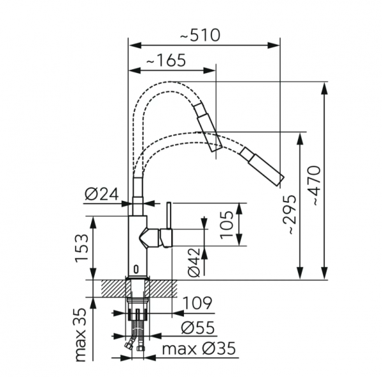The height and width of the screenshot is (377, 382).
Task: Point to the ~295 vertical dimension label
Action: tap(290, 214)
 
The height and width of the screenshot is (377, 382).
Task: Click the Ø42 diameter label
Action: tap(195, 261)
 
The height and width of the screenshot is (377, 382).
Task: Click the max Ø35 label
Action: tap(198, 349)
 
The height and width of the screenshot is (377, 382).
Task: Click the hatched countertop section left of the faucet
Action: tap(108, 288)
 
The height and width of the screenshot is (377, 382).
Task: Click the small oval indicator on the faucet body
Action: tap(136, 267)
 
